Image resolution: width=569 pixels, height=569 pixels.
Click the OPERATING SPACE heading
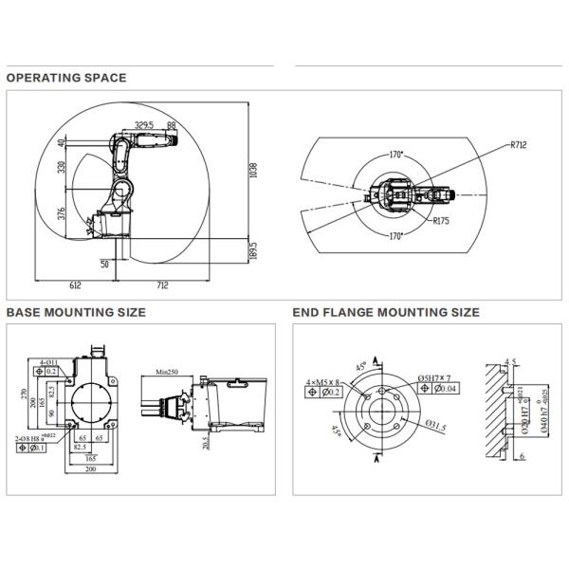(x=66, y=78)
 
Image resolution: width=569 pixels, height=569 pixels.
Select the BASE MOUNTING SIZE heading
(x=76, y=312)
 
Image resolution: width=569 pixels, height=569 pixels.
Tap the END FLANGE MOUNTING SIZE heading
(x=386, y=312)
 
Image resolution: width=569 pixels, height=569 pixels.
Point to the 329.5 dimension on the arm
(x=145, y=124)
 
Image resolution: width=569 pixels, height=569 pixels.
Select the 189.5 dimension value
(x=253, y=249)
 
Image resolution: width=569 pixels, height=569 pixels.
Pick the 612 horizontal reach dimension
(x=75, y=284)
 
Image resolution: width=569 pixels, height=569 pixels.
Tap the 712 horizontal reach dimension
(x=162, y=284)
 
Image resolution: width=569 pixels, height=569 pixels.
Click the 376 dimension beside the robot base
(x=62, y=213)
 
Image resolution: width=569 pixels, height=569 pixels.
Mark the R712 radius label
(x=517, y=145)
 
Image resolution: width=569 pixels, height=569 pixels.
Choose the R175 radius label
(x=440, y=221)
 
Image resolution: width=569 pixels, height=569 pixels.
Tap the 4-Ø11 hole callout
(x=50, y=361)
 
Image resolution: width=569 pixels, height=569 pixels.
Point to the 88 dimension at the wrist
(x=171, y=124)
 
